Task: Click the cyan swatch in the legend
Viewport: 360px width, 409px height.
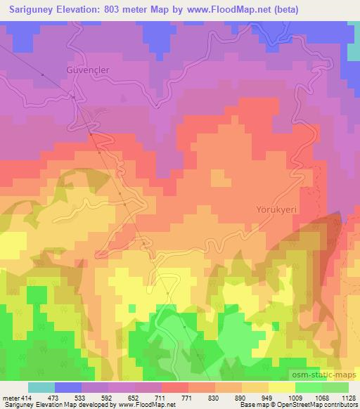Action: pos(41,387)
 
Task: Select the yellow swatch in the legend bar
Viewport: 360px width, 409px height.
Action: pos(282,387)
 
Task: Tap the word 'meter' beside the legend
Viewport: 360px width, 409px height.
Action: pos(10,397)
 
